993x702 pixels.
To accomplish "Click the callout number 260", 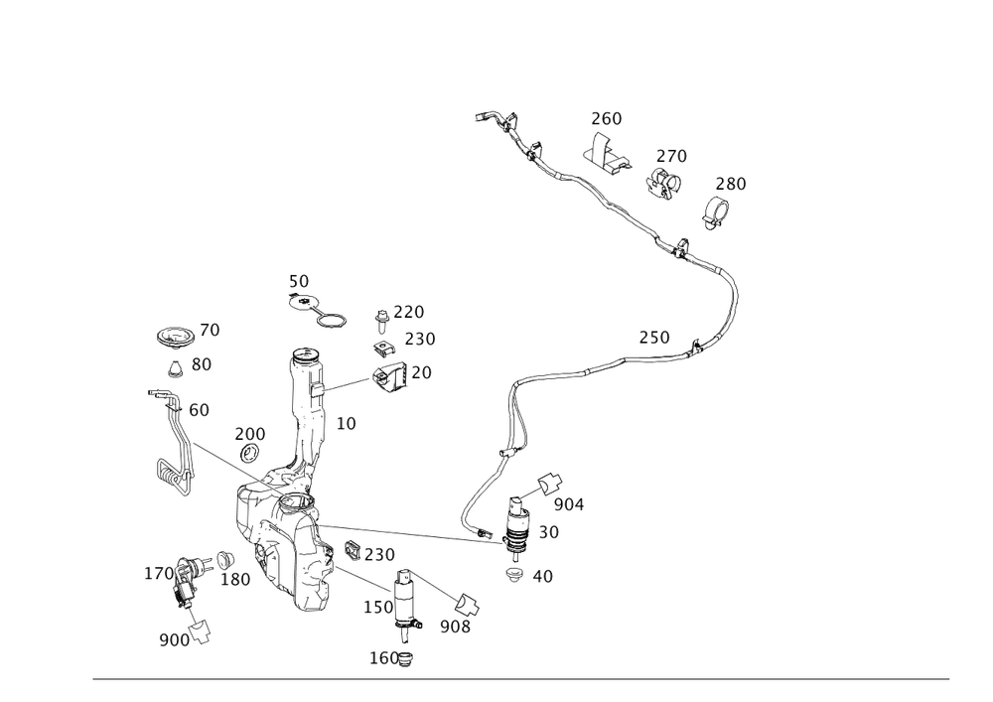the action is (x=606, y=119).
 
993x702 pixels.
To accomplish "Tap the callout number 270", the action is (x=672, y=156).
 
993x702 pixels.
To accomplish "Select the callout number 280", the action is (x=731, y=184).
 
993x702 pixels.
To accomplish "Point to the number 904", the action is (x=569, y=505).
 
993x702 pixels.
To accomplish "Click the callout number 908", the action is (x=455, y=628).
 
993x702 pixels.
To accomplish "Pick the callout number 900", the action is (x=174, y=640).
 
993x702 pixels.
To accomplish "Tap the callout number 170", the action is (x=159, y=573).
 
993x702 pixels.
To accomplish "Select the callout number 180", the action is (x=234, y=580).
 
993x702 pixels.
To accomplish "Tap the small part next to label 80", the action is (x=175, y=370).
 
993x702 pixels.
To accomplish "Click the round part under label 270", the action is (x=665, y=181).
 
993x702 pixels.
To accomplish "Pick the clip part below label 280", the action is (x=717, y=211).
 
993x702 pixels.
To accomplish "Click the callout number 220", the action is (x=409, y=312).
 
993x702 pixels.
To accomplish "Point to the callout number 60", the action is (x=199, y=409).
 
